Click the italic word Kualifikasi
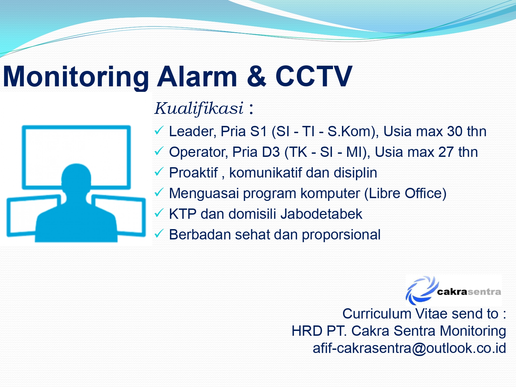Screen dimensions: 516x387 pyautogui.click(x=199, y=109)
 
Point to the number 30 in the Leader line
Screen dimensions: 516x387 pyautogui.click(x=455, y=131)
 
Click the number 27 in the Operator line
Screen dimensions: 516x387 pyautogui.click(x=446, y=152)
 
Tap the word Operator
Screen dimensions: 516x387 pyautogui.click(x=198, y=152)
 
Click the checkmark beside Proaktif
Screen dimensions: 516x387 pyautogui.click(x=159, y=172)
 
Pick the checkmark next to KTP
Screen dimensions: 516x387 pyautogui.click(x=159, y=213)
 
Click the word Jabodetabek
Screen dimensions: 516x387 pyautogui.click(x=321, y=214)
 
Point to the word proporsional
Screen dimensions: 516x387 pyautogui.click(x=341, y=235)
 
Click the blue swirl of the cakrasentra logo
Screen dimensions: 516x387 pyautogui.click(x=421, y=290)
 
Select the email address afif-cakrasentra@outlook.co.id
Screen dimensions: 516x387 pyautogui.click(x=409, y=348)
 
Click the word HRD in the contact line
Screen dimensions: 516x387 pyautogui.click(x=307, y=331)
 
